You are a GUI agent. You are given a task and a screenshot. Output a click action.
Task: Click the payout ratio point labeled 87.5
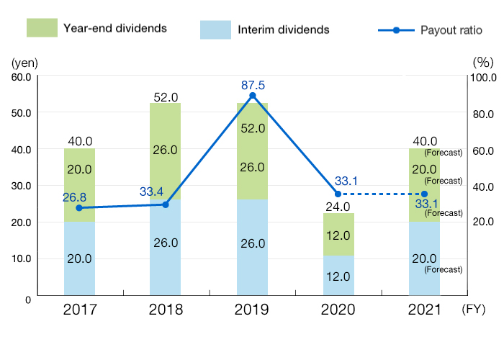(x=252, y=95)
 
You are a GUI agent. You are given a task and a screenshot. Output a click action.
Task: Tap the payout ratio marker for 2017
(x=79, y=207)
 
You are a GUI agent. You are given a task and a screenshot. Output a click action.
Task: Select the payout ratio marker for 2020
(x=338, y=194)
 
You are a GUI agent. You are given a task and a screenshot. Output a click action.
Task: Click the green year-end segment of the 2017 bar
(x=79, y=184)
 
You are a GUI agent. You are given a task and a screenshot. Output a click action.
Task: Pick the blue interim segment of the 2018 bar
(x=165, y=248)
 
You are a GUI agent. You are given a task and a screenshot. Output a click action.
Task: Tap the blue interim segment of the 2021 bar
(x=424, y=258)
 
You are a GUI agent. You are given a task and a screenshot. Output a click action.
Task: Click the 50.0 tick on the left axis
(x=19, y=113)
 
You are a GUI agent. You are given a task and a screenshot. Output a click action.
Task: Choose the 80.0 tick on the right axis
(x=481, y=113)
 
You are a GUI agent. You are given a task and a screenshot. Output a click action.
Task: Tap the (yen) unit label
(x=21, y=62)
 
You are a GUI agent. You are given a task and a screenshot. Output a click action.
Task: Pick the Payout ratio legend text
(x=451, y=30)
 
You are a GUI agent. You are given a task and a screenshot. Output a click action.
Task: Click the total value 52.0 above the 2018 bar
(x=166, y=96)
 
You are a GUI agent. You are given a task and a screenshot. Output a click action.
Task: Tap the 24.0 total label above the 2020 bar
(x=338, y=205)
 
